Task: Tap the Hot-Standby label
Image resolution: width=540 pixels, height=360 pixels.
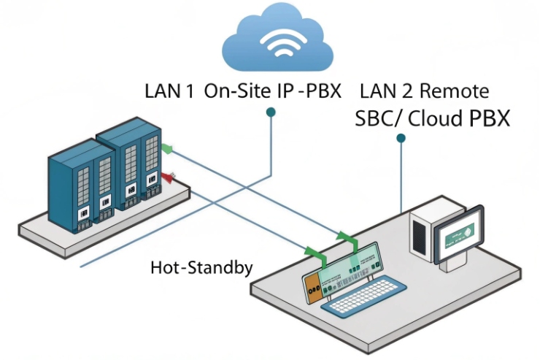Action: [x=201, y=267]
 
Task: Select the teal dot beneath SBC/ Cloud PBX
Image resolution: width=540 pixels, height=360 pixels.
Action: [x=401, y=137]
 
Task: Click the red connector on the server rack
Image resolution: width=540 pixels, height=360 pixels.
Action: [x=169, y=176]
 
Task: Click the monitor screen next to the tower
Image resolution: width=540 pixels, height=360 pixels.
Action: [x=458, y=231]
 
